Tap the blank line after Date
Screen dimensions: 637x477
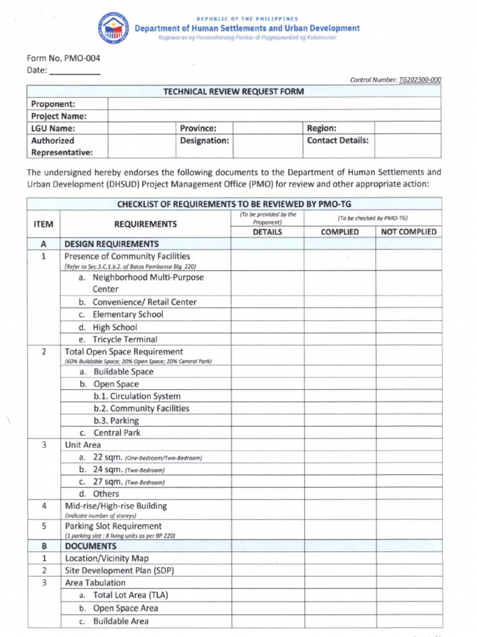75,71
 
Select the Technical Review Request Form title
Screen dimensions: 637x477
234,91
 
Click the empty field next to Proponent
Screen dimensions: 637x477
274,104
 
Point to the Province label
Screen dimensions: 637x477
198,128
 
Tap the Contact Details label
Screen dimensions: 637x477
337,141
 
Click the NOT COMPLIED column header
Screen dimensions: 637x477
408,232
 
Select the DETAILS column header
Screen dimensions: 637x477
267,232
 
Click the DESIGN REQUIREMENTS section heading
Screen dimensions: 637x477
111,244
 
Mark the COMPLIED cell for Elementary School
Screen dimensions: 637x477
339,315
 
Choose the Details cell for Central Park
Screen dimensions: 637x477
267,433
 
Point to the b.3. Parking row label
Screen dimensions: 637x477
116,421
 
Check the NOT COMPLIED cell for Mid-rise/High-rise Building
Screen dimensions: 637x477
408,510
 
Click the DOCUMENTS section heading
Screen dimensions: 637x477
91,546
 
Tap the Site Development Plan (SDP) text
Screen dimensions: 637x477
119,570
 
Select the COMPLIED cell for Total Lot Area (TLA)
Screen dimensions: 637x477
339,595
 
